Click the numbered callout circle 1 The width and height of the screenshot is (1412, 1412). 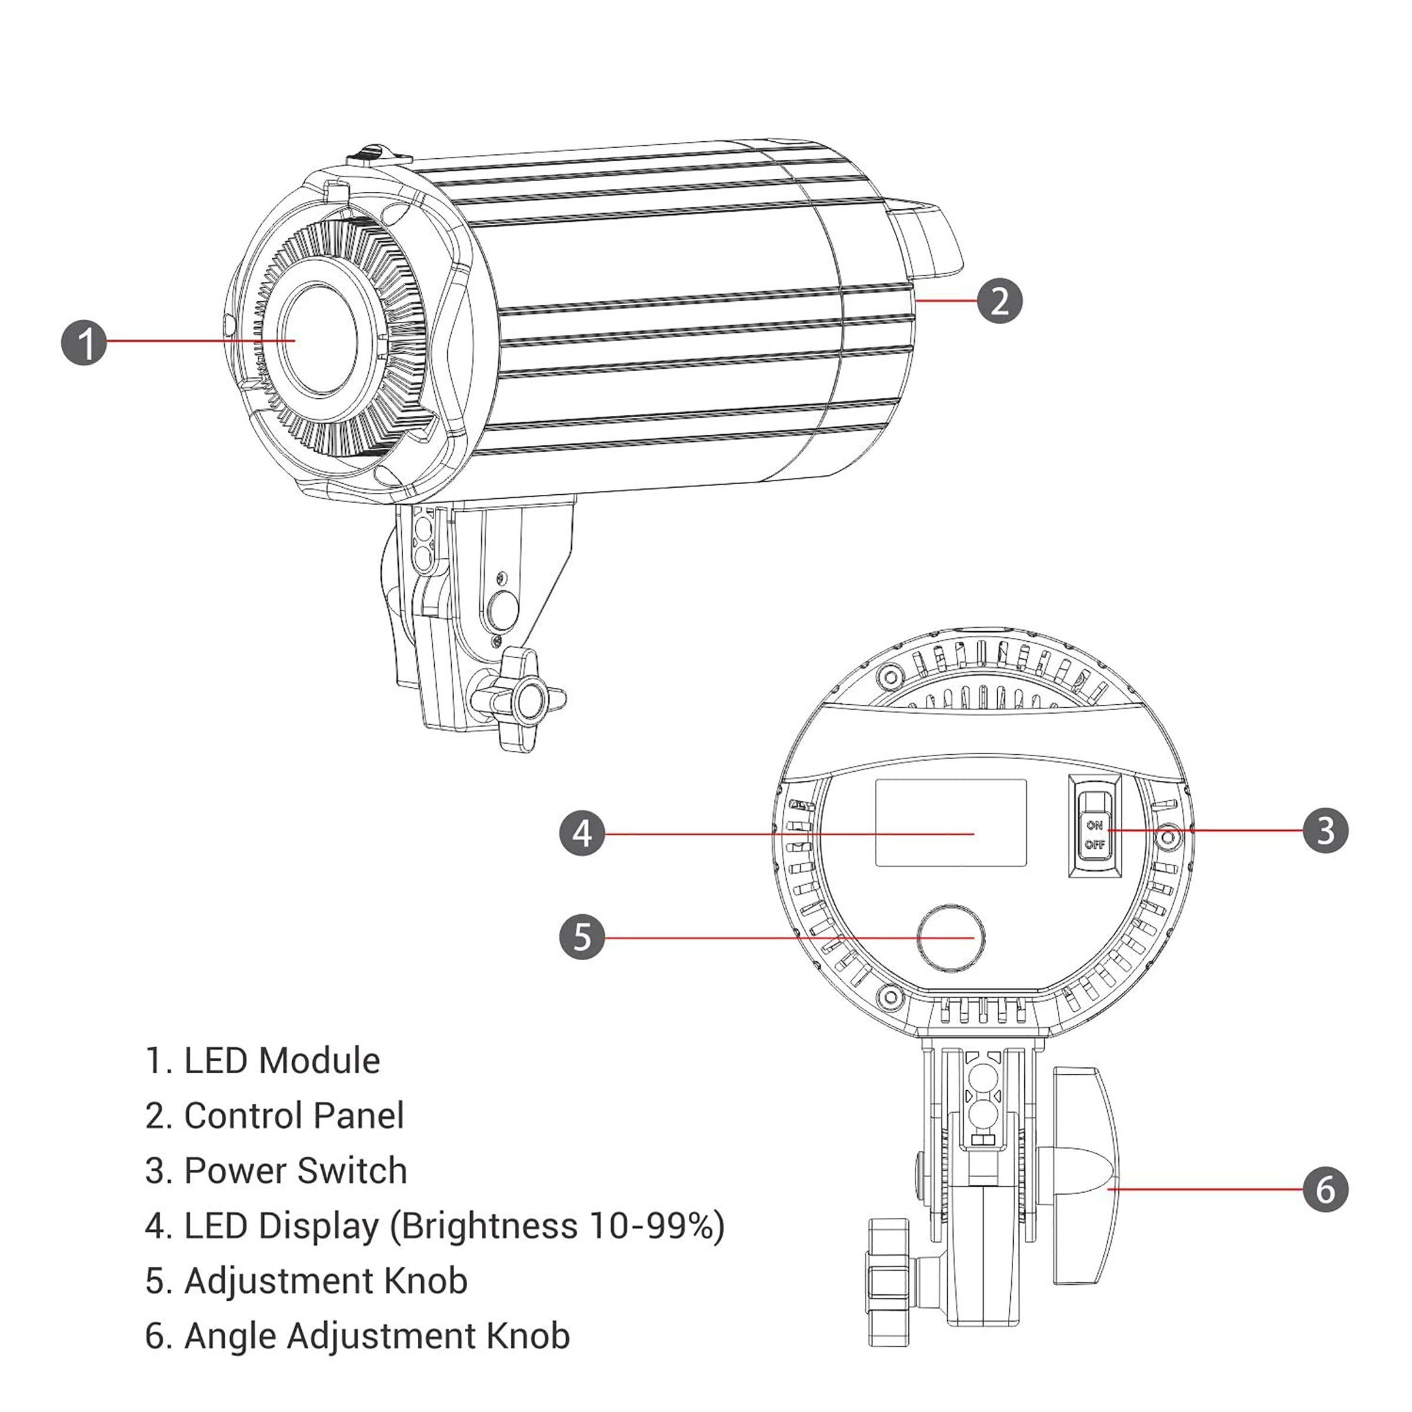[84, 343]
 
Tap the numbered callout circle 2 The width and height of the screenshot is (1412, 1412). [999, 301]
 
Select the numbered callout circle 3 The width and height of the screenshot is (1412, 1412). [1326, 830]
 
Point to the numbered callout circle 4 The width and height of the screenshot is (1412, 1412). [582, 833]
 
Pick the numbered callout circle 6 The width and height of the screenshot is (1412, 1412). [1326, 1189]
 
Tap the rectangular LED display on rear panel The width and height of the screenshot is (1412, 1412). [951, 822]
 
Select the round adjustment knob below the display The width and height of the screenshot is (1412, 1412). [951, 938]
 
